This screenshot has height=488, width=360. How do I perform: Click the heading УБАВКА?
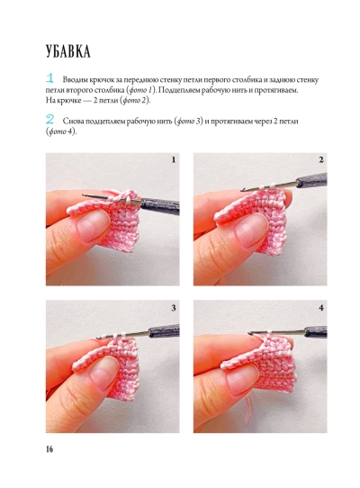click(x=68, y=51)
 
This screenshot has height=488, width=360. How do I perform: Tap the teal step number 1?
click(x=49, y=78)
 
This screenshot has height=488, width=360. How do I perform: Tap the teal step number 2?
click(x=49, y=119)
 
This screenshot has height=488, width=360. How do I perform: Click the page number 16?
click(x=49, y=449)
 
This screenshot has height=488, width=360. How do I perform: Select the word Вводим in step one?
click(x=76, y=80)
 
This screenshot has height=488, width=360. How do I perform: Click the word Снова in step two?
click(x=73, y=121)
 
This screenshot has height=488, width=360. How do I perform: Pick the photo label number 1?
click(x=174, y=160)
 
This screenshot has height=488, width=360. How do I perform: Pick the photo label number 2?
click(x=321, y=160)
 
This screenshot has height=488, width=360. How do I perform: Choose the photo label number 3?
click(x=174, y=308)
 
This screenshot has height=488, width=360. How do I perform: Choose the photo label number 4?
click(x=321, y=308)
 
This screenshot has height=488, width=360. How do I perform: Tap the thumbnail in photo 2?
click(x=250, y=230)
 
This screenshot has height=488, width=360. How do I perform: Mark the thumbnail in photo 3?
click(x=103, y=373)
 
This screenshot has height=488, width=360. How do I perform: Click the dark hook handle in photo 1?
click(x=160, y=205)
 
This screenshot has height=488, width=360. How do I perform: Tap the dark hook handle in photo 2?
click(x=311, y=180)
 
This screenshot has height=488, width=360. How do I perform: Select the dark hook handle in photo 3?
click(x=164, y=330)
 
